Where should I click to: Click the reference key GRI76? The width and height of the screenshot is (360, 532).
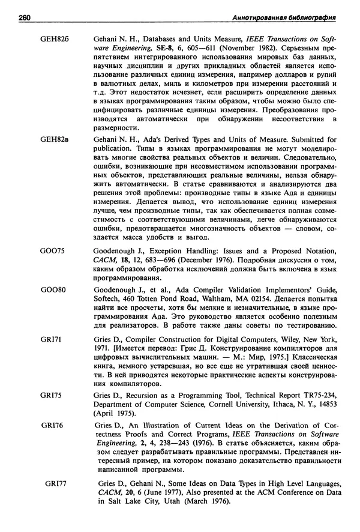(53, 426)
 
